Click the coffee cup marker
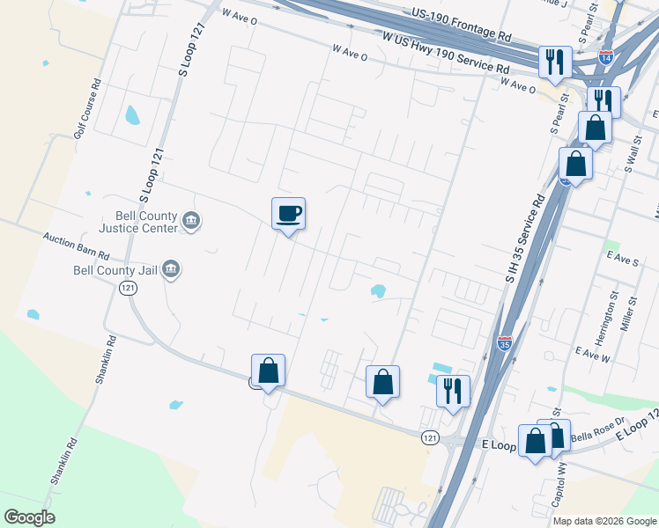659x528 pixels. tap(288, 213)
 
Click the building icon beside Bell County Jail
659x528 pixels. tap(172, 269)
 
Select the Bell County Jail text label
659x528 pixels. tap(115, 269)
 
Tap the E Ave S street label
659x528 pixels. tap(622, 261)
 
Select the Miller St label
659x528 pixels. tap(631, 312)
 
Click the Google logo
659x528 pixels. tap(30, 517)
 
